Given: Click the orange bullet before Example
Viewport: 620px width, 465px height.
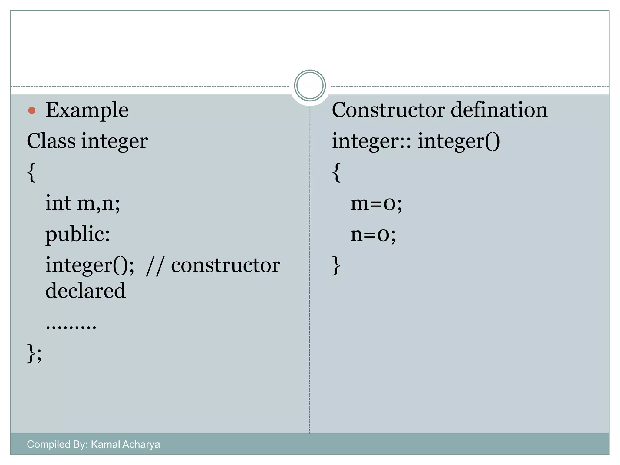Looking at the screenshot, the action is tap(32, 110).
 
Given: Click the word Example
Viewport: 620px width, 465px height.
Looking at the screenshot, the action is tap(87, 110).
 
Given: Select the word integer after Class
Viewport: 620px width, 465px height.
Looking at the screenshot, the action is tap(114, 142).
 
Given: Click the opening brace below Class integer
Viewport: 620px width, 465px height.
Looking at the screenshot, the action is tap(31, 172).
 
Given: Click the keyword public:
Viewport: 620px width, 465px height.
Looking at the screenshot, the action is tap(77, 234).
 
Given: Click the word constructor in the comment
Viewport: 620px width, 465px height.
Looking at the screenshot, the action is tap(226, 265).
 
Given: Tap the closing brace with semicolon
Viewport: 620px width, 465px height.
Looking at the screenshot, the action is tap(34, 353).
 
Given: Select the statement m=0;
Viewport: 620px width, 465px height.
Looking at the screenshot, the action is tap(376, 203).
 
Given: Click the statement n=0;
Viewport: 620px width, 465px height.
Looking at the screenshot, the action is tap(373, 234).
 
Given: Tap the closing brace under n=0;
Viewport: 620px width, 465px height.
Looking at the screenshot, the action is tap(336, 265).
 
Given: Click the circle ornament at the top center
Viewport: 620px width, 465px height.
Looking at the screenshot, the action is tap(310, 86).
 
